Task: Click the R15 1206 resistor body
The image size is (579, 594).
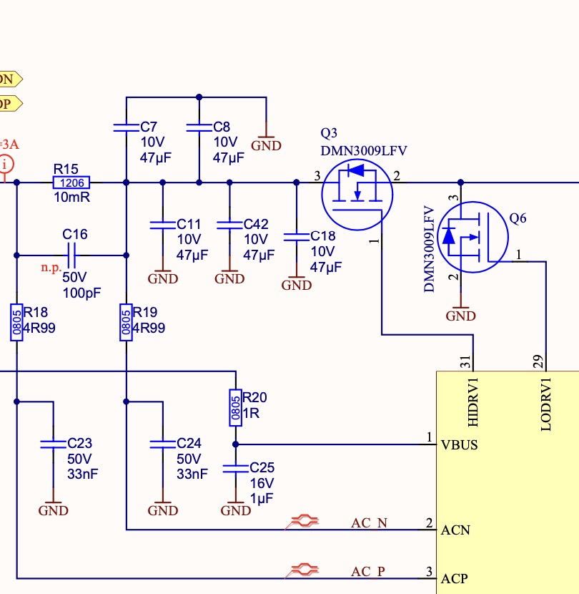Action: pos(71,182)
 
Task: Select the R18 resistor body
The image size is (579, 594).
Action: pos(16,322)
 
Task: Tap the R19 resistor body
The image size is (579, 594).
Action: pos(126,322)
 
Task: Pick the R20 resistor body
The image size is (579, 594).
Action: pos(235,408)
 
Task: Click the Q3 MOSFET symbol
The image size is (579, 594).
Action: pos(357,195)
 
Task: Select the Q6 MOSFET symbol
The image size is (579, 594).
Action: pos(472,237)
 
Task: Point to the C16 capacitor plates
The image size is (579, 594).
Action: pos(71,255)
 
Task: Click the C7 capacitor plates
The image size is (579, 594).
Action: pos(126,127)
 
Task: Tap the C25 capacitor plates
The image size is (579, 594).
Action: pos(235,469)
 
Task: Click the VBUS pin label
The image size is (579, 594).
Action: pos(459,444)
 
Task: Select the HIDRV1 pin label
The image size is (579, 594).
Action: pos(473,402)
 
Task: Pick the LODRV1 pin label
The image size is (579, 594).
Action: pos(546,404)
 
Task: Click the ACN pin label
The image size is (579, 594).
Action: pos(455,530)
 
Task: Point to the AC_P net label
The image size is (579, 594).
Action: pos(368,571)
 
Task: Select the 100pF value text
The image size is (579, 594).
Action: pos(81,293)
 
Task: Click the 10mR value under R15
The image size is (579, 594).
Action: pos(72,198)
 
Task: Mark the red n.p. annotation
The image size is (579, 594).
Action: pos(51,268)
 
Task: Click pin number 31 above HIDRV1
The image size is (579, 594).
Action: pos(465,362)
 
